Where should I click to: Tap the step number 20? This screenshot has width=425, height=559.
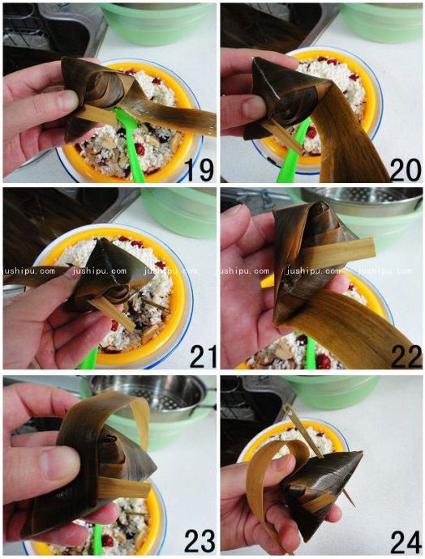(x=406, y=169)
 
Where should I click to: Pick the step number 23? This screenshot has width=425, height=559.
(x=200, y=540)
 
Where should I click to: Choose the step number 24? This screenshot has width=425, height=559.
(x=406, y=542)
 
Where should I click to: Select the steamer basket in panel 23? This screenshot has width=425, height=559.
(x=154, y=396)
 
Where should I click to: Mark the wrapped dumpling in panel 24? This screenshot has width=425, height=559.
(x=321, y=484)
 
